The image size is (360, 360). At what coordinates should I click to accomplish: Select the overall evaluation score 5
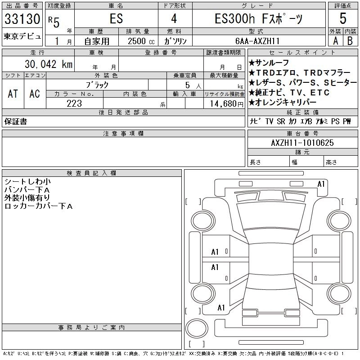click(x=342, y=19)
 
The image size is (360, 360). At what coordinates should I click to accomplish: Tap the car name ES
click(x=116, y=19)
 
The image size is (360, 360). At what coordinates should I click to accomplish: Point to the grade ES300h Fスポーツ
click(x=258, y=19)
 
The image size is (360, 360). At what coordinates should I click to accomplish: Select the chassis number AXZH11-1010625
click(x=302, y=143)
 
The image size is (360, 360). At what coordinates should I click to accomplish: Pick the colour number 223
click(x=74, y=104)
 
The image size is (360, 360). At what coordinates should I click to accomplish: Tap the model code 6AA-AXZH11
click(x=258, y=40)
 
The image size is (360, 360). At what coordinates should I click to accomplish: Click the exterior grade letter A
click(x=335, y=40)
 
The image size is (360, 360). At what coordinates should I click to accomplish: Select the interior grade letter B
click(x=350, y=40)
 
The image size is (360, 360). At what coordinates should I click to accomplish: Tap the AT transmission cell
click(x=13, y=94)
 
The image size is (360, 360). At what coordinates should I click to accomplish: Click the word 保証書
click(x=15, y=121)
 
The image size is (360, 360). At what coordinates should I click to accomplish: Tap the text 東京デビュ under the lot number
click(x=22, y=36)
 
